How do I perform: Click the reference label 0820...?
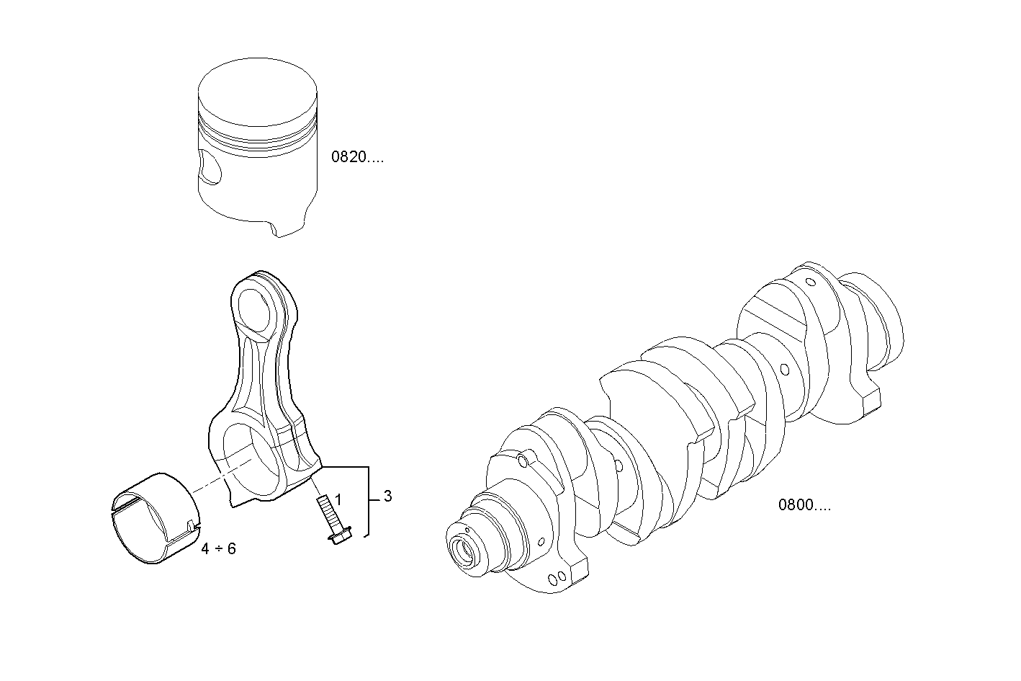(357, 158)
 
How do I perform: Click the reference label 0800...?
(804, 505)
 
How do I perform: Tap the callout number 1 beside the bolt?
(338, 499)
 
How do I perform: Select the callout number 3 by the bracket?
(388, 496)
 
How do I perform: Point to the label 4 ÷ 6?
(218, 549)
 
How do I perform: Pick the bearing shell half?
(153, 519)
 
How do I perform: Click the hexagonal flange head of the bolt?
(339, 535)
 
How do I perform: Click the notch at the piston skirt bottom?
(272, 229)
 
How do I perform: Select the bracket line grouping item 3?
(368, 500)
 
